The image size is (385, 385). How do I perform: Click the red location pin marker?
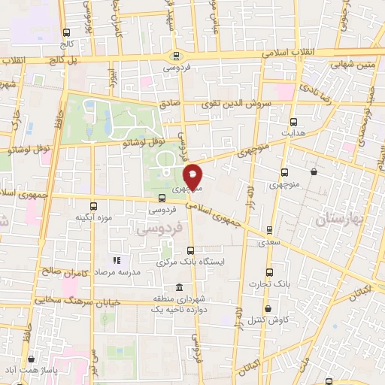tap(193, 176)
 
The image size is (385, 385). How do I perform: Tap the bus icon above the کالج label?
tap(67, 32)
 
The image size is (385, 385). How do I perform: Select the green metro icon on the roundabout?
tap(176, 54)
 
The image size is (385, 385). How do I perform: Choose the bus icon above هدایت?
tap(293, 121)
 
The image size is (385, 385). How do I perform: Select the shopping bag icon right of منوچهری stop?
tap(313, 172)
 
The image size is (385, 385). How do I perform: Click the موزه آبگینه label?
tap(93, 217)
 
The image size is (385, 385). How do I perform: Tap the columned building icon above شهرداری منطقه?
tap(178, 287)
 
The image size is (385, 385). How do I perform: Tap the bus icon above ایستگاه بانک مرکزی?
tap(189, 251)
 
